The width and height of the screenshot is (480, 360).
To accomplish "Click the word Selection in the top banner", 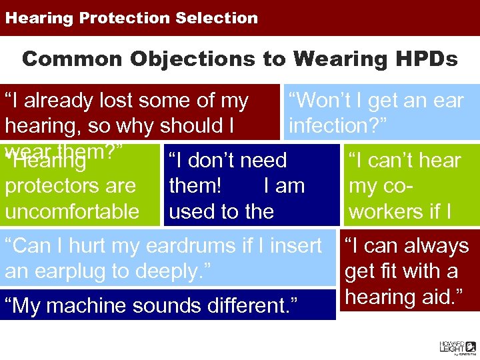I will click(x=217, y=18).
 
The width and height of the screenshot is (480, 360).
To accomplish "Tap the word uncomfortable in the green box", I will click(x=72, y=211).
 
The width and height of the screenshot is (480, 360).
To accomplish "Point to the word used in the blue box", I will click(x=193, y=211).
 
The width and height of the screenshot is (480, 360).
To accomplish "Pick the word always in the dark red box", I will click(x=435, y=246).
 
